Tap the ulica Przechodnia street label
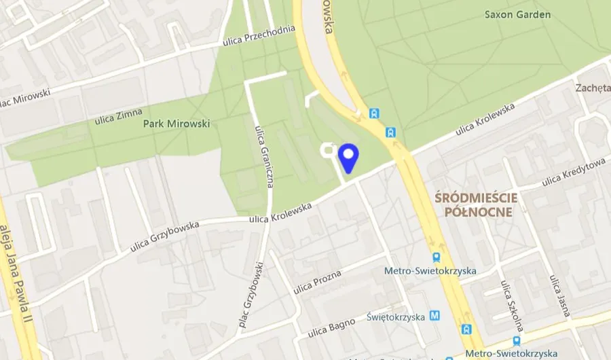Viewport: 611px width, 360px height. tap(259, 37)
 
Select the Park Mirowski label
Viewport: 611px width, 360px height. tap(177, 124)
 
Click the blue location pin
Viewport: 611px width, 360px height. tap(348, 159)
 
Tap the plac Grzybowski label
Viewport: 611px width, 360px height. tap(250, 296)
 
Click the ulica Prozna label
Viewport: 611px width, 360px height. tap(317, 281)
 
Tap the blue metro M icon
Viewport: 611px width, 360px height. tap(434, 316)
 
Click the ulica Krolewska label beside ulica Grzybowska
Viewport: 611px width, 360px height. tap(280, 211)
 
